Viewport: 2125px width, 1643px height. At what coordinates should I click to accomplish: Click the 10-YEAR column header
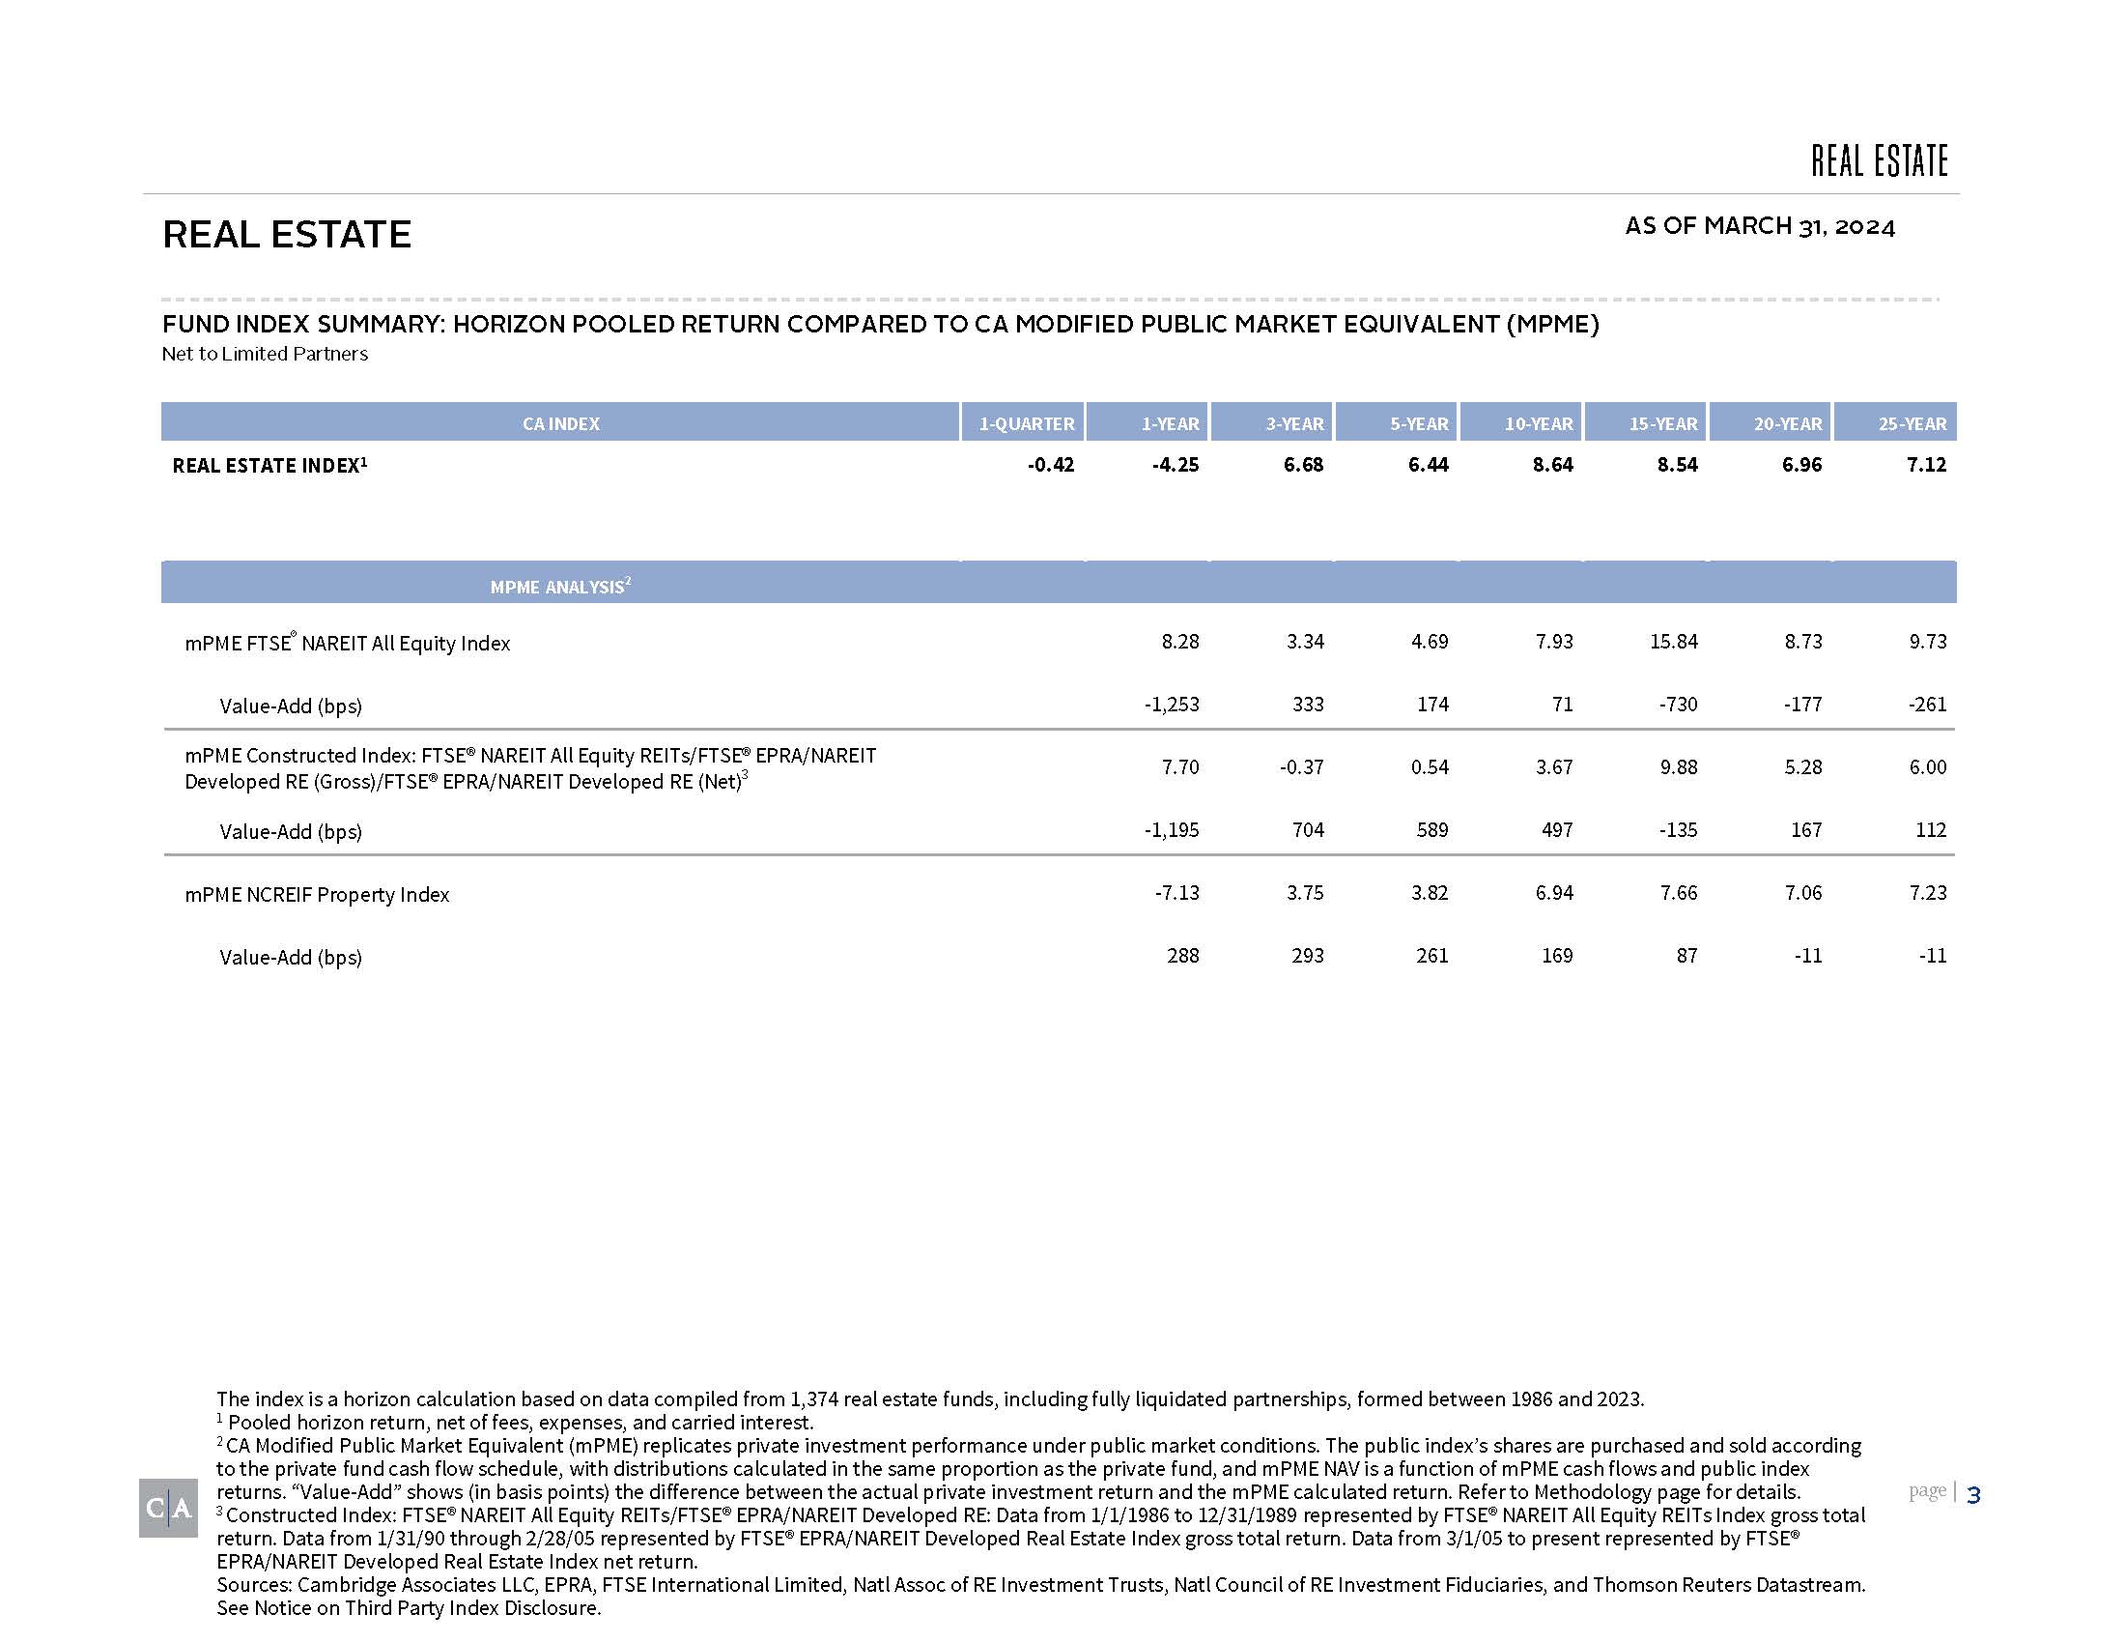1539,423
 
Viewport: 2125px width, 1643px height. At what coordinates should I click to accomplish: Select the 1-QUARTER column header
1027,423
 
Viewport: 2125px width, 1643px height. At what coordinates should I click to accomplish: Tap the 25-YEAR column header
1912,423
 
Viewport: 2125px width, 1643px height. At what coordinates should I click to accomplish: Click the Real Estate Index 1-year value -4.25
1175,465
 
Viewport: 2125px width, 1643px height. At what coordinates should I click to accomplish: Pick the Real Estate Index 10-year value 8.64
1552,465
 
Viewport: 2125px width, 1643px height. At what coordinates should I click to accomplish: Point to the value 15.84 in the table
1674,642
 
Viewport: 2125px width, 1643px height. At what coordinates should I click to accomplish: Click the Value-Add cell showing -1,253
1171,704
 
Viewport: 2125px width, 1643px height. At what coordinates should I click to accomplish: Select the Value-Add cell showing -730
1678,704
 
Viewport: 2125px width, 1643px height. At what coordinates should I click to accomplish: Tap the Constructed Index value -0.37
1301,767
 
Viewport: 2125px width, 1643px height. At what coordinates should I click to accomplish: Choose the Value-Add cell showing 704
1308,829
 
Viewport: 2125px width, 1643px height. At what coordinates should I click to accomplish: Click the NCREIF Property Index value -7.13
1176,893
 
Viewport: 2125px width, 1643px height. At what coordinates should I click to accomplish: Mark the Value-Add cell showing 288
1182,956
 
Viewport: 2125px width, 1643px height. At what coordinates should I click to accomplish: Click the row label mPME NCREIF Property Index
317,895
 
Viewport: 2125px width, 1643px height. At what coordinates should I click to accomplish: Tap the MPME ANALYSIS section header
559,586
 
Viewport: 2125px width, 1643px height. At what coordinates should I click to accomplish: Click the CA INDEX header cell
560,423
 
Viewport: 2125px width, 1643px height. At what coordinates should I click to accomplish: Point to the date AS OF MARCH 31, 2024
1759,227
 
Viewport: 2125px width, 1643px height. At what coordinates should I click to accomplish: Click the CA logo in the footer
168,1508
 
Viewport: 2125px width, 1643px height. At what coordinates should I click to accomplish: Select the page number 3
1973,1495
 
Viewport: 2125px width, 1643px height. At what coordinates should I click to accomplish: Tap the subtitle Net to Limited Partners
265,355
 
